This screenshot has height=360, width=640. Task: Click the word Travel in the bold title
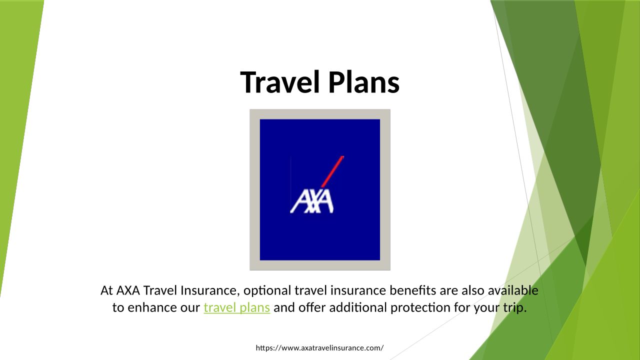click(279, 82)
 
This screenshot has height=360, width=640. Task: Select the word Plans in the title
click(364, 82)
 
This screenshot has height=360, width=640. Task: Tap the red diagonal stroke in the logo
click(332, 171)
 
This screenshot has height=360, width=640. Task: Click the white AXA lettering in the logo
click(311, 201)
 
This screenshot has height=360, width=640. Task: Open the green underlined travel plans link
click(237, 307)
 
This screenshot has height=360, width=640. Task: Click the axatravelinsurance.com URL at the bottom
click(319, 348)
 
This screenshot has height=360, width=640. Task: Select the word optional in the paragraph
click(267, 291)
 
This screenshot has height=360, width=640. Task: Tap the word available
click(513, 290)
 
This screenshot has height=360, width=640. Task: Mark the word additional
click(358, 307)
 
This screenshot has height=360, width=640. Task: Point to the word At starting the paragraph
click(106, 290)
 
